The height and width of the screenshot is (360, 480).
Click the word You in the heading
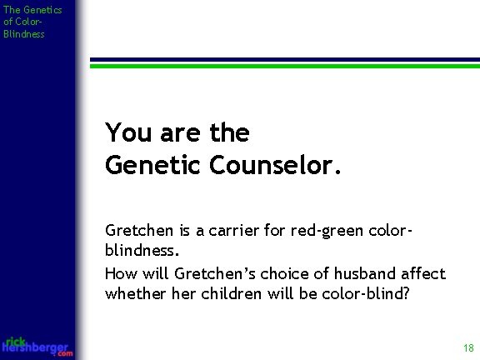coord(125,132)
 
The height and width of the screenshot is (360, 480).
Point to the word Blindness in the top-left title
coord(23,33)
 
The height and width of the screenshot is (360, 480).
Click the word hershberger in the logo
coord(37,347)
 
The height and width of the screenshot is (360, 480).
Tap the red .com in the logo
coord(65,354)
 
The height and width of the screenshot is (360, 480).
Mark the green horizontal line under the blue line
coord(284,66)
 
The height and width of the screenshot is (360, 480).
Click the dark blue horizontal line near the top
coord(284,60)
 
